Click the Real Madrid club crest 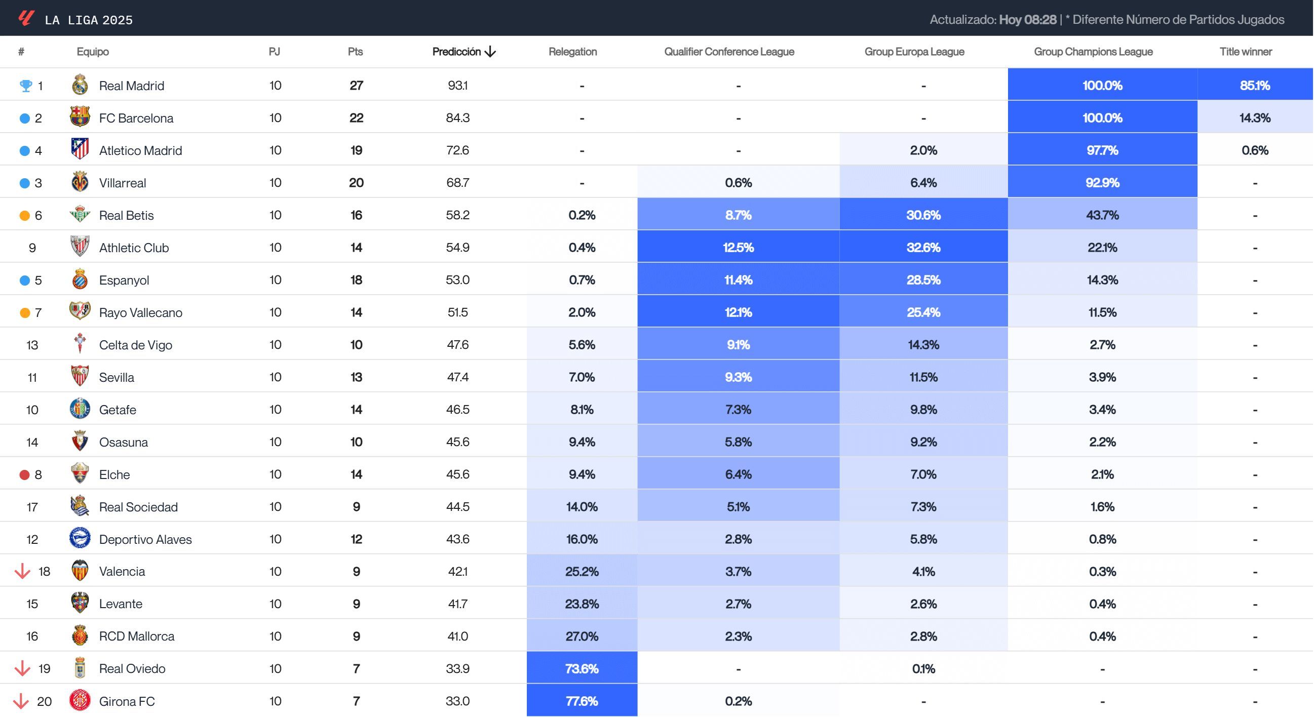click(x=80, y=85)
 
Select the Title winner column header click(x=1245, y=52)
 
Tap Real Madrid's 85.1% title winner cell click(x=1254, y=85)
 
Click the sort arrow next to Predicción click(x=490, y=52)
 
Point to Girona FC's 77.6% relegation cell click(x=582, y=701)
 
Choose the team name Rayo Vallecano click(x=140, y=312)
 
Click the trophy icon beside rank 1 click(x=25, y=86)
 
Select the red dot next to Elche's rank click(x=24, y=475)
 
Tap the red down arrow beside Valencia click(x=22, y=571)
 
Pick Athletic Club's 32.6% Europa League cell click(x=923, y=247)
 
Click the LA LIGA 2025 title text click(x=88, y=20)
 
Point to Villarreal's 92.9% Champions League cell click(x=1102, y=183)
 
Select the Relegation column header click(x=572, y=52)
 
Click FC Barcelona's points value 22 click(x=356, y=118)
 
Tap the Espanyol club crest click(x=80, y=280)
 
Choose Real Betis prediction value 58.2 click(x=457, y=215)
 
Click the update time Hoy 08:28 click(x=1027, y=20)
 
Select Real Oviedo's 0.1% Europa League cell click(x=923, y=668)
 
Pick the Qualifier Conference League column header click(x=728, y=52)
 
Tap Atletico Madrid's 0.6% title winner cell click(x=1254, y=150)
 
